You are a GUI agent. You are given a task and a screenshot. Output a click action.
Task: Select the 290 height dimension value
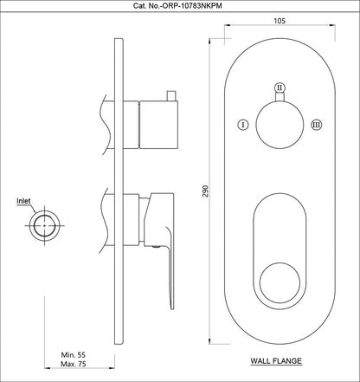point(206,191)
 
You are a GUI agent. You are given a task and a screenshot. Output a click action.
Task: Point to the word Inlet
point(25,201)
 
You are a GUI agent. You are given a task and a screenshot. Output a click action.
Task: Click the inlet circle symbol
point(42,227)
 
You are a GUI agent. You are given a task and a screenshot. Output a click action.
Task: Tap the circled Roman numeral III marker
point(316,125)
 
